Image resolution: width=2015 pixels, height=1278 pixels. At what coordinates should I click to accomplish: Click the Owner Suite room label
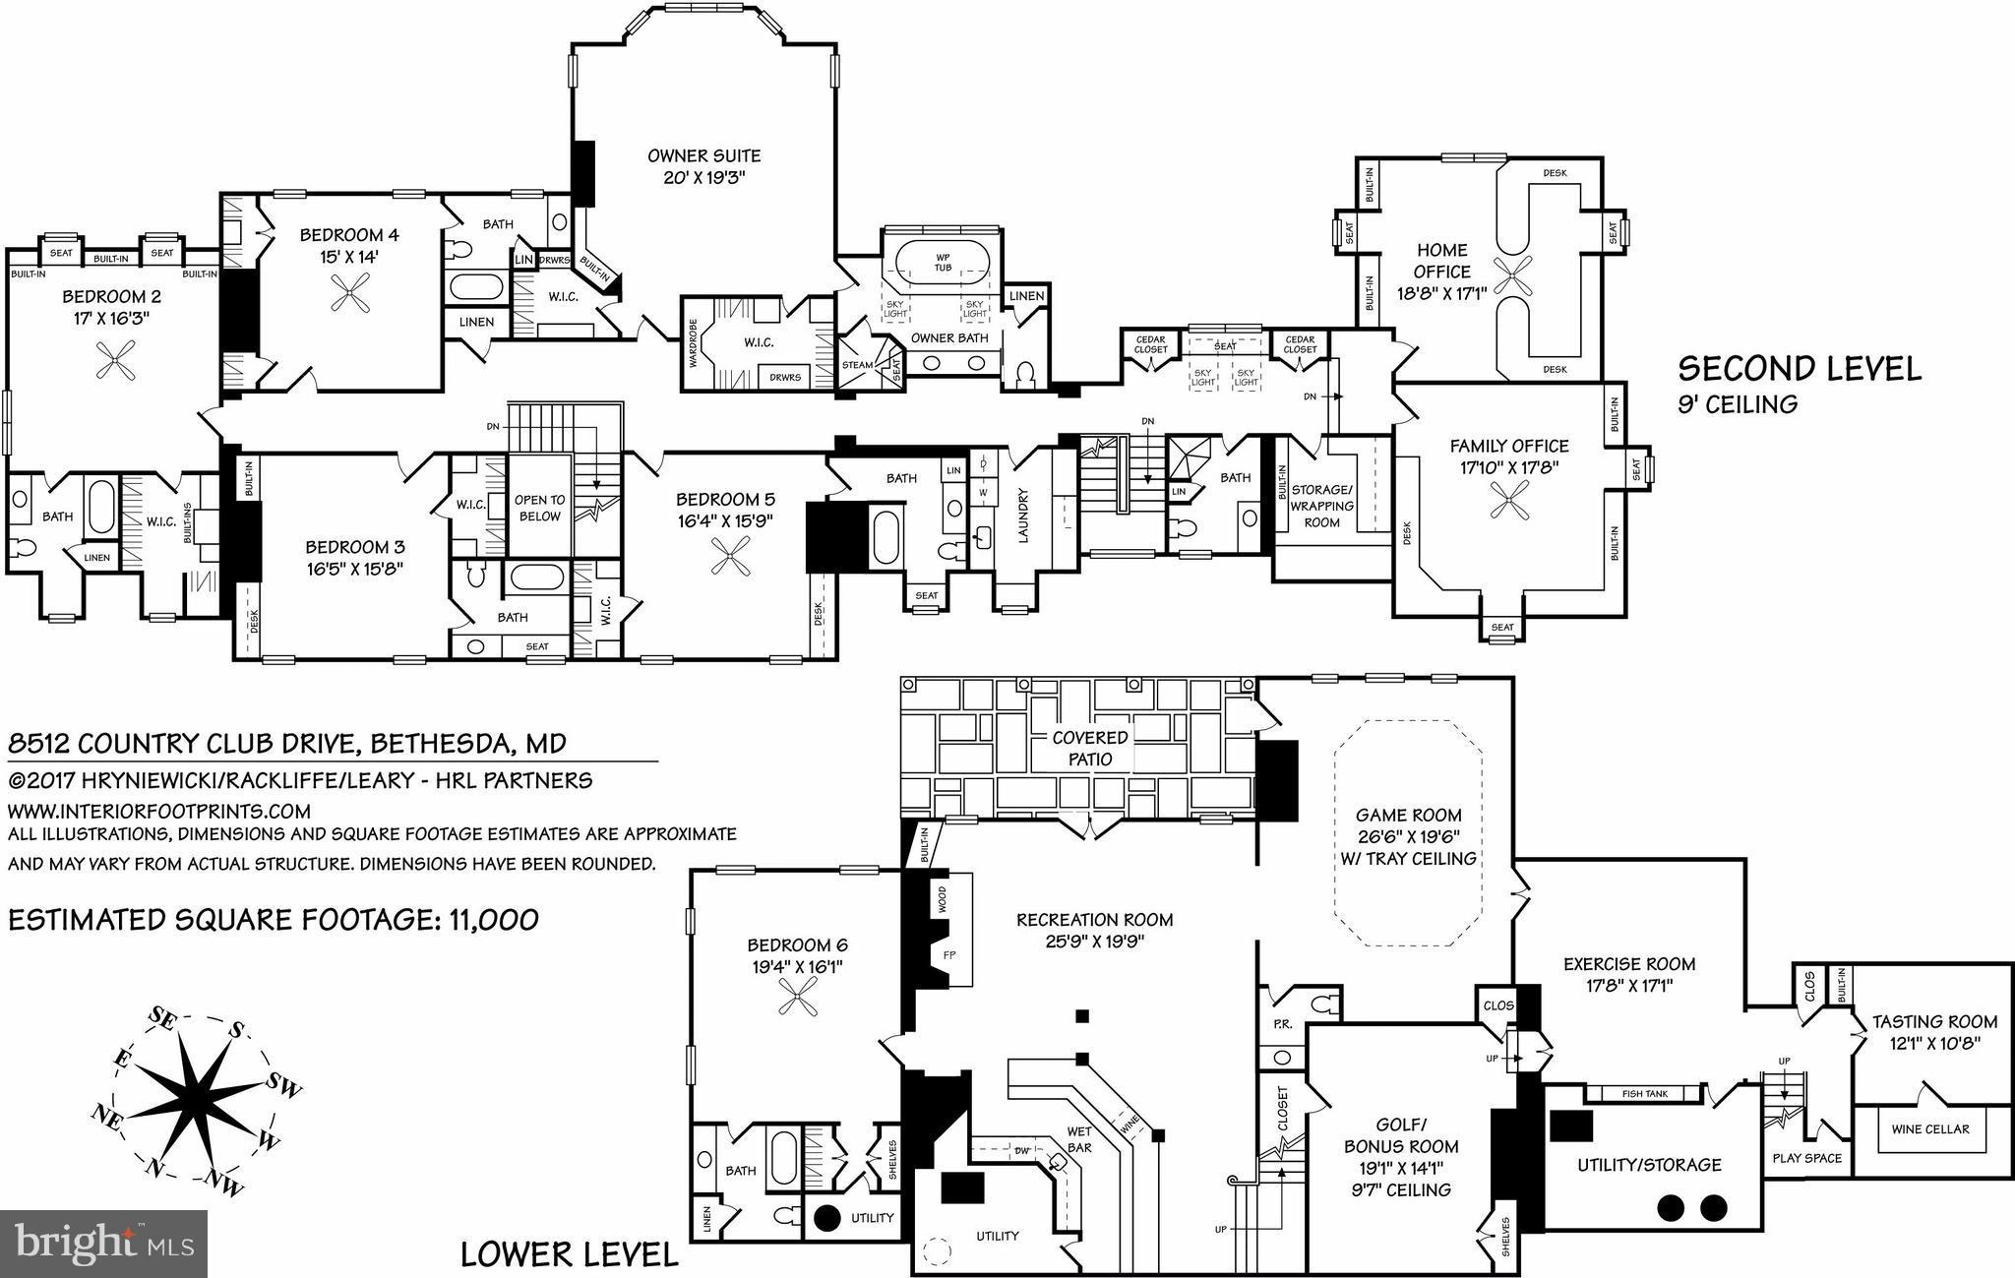(703, 155)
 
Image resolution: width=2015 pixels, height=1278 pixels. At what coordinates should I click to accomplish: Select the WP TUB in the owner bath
(943, 263)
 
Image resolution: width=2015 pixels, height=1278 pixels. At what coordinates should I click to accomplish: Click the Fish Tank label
(1644, 1094)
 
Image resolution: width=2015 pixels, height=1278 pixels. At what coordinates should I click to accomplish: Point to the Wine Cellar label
(1930, 1128)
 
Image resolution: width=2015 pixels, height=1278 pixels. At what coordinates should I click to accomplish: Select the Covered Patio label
(1090, 749)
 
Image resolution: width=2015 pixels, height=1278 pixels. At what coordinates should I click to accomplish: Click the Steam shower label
(857, 365)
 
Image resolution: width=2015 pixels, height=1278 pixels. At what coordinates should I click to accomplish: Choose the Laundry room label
(1023, 516)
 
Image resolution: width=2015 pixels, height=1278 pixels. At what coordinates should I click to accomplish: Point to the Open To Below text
(539, 508)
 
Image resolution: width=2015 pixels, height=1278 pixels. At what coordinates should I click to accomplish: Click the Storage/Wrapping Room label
(1321, 506)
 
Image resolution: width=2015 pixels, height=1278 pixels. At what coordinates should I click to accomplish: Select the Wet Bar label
(1079, 1138)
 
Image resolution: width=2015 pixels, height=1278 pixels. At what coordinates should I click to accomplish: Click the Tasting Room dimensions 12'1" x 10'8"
(1934, 1043)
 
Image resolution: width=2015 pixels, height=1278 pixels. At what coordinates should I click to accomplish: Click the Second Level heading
(1799, 369)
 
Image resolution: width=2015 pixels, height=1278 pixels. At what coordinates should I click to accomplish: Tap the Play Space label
(1806, 1158)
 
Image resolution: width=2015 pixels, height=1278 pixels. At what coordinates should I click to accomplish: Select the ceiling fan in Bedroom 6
(794, 1002)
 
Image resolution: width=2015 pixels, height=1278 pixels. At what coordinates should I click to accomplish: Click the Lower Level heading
(570, 1254)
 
